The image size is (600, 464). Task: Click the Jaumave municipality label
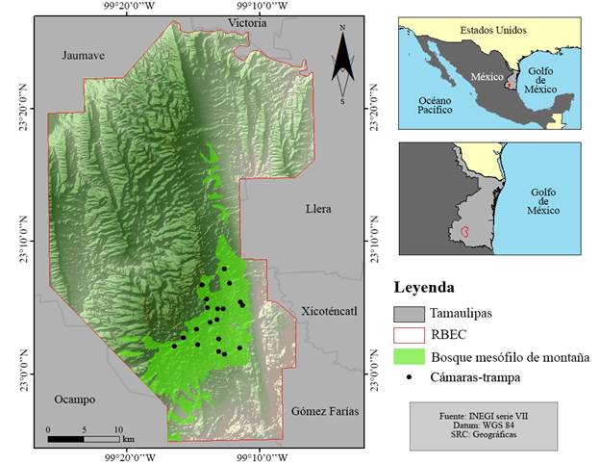pyautogui.click(x=82, y=55)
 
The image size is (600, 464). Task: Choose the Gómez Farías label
pyautogui.click(x=325, y=410)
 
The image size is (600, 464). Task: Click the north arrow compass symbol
pyautogui.click(x=342, y=64)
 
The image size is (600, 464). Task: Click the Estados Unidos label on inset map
pyautogui.click(x=492, y=30)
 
